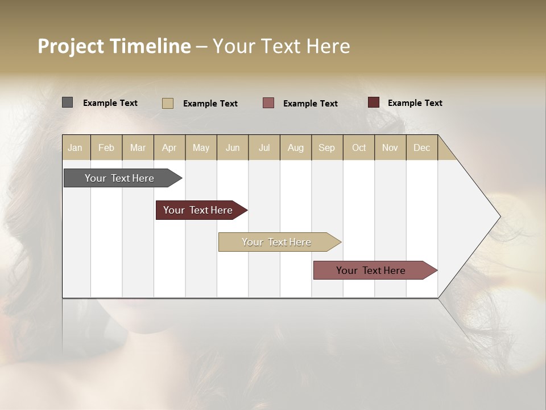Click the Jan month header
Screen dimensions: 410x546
click(75, 147)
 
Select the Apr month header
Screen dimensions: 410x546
click(169, 147)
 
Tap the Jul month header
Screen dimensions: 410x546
click(264, 147)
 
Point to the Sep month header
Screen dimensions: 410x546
click(326, 147)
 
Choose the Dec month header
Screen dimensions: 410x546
click(421, 147)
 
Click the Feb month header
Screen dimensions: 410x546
click(106, 147)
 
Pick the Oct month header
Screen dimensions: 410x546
click(359, 147)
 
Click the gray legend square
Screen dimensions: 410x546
click(67, 102)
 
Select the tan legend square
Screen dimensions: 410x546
click(167, 103)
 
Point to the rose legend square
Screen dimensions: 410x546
click(268, 103)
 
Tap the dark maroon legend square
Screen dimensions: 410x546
click(373, 102)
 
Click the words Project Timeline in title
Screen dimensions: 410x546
click(114, 46)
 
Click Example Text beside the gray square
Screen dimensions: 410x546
click(110, 103)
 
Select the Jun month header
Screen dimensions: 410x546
click(233, 147)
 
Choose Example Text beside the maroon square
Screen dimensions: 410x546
click(415, 103)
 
